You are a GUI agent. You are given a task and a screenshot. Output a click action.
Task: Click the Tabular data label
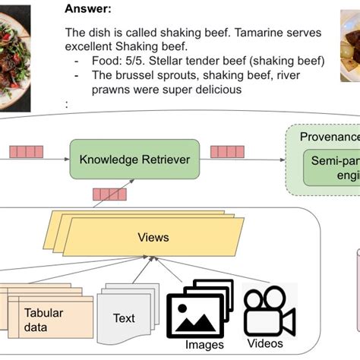(44, 320)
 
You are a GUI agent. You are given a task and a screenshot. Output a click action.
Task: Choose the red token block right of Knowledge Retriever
(229, 151)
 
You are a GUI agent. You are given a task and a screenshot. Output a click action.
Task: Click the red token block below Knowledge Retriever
(109, 194)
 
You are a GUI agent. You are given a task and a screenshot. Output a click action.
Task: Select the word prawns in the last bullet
(84, 89)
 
